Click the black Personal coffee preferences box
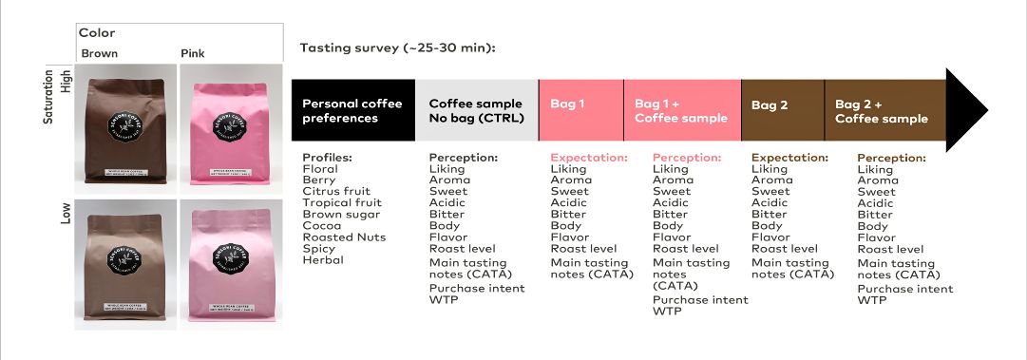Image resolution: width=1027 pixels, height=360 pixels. tap(352, 111)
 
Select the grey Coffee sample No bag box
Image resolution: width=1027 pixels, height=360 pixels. tap(476, 111)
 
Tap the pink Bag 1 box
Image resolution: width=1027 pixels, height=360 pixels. tap(580, 111)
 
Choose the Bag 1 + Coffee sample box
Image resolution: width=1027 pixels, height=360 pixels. tap(681, 111)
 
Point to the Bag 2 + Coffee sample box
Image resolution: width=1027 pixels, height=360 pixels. tap(884, 111)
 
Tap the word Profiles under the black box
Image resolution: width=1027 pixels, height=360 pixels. tap(328, 158)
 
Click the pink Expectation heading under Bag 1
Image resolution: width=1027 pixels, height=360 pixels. tap(589, 158)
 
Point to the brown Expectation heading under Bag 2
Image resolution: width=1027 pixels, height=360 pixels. tap(789, 158)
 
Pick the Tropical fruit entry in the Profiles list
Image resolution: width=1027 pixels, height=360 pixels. tap(342, 203)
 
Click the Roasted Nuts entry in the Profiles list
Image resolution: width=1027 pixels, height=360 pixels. tap(344, 237)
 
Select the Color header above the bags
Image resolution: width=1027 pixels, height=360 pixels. tap(97, 33)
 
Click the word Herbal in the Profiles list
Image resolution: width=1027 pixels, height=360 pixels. tap(323, 260)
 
